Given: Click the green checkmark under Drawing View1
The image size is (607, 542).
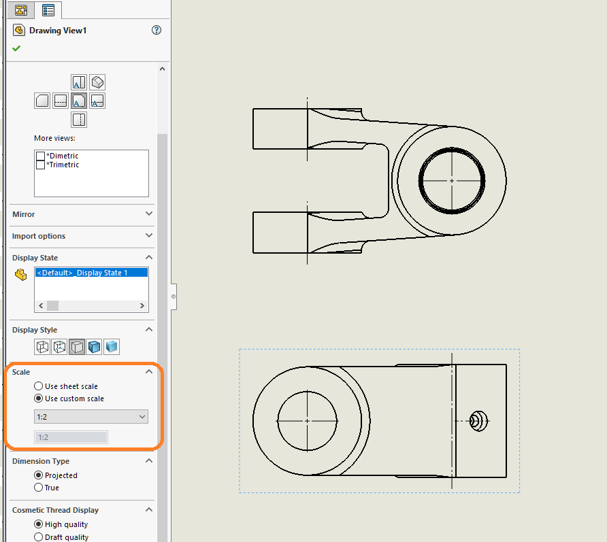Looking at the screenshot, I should (x=16, y=48).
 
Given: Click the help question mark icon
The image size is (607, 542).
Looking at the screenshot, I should (x=157, y=30).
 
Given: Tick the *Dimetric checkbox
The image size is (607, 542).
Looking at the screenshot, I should (x=41, y=156).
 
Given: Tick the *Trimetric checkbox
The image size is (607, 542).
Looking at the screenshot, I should (x=41, y=165).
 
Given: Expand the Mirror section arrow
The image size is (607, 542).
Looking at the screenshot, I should (x=150, y=214).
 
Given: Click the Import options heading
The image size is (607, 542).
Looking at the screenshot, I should (x=39, y=236).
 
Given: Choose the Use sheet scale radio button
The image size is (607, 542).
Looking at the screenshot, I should (x=39, y=386).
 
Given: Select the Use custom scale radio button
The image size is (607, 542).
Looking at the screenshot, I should (x=39, y=399).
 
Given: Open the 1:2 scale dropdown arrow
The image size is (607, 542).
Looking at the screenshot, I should (x=142, y=416).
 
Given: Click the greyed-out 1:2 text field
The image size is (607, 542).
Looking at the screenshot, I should (x=71, y=437).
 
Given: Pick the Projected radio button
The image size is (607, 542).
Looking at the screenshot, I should (x=39, y=475).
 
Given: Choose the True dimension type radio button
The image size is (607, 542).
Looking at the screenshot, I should (x=39, y=488).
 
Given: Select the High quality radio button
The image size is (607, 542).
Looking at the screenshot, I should (x=39, y=524).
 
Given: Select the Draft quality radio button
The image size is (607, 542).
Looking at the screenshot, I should (x=39, y=537).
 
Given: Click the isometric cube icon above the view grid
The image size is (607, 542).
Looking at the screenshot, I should (x=97, y=82).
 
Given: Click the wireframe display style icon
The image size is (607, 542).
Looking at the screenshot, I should (x=43, y=347).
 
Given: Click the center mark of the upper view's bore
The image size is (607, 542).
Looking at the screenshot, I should (x=452, y=181).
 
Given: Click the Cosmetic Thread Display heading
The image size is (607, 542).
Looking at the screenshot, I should (x=55, y=510).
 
